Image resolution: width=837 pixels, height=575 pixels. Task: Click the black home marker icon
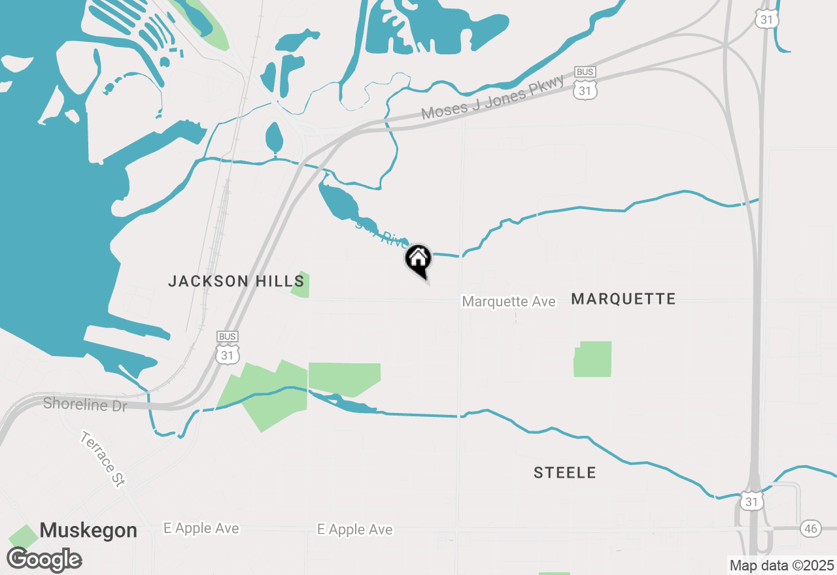418,260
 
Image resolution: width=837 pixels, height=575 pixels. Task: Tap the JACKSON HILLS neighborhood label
236,282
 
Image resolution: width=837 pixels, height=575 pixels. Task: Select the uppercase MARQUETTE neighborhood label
623,299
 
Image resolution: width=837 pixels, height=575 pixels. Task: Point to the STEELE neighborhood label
565,472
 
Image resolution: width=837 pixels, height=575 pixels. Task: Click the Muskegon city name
88,530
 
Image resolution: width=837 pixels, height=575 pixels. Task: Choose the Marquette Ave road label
509,301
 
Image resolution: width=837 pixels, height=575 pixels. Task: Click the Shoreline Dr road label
85,404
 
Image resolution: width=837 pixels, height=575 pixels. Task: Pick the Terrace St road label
103,459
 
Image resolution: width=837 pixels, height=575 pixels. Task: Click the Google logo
44,560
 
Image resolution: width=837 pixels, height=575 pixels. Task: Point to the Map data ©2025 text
782,565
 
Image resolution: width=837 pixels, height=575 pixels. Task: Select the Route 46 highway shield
811,529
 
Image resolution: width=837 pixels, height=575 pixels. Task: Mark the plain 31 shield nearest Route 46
752,501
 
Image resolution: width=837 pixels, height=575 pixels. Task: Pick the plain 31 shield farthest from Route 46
766,20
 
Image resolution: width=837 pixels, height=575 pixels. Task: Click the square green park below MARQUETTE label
593,359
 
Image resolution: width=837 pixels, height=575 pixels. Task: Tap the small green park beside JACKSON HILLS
301,285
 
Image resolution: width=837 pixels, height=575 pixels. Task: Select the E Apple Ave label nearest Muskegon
201,529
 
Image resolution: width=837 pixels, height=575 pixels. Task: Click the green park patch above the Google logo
24,536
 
